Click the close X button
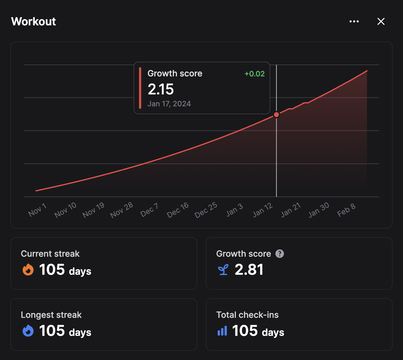(x=381, y=21)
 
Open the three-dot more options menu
(x=354, y=21)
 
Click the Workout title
(x=34, y=21)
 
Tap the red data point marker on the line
(x=276, y=115)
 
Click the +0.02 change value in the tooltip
(x=255, y=74)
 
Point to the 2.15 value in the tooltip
(x=161, y=89)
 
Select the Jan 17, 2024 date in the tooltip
(x=169, y=104)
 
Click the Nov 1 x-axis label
(x=37, y=210)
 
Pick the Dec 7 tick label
(x=149, y=210)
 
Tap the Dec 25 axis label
(x=206, y=210)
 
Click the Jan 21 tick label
(x=291, y=210)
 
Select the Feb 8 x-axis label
(x=346, y=210)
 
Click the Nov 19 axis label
(x=93, y=210)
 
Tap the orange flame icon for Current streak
(x=28, y=270)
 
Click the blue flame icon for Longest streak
(x=28, y=331)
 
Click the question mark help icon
(x=280, y=254)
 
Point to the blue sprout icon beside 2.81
(x=223, y=270)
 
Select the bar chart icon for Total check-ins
(x=222, y=331)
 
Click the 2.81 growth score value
(x=249, y=270)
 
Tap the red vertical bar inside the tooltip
(x=140, y=88)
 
